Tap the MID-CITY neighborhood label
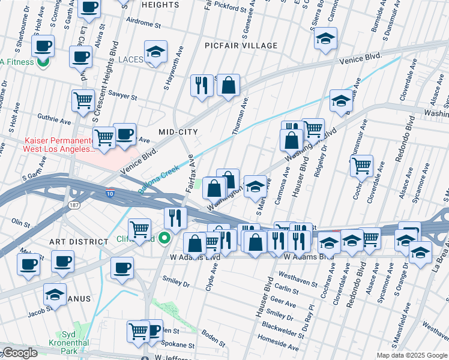(x=178, y=131)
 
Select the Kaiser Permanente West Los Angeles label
(x=58, y=144)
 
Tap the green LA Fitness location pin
(x=43, y=61)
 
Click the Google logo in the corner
(x=20, y=353)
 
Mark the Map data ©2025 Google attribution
(x=412, y=355)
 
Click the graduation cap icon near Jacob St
(x=55, y=295)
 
